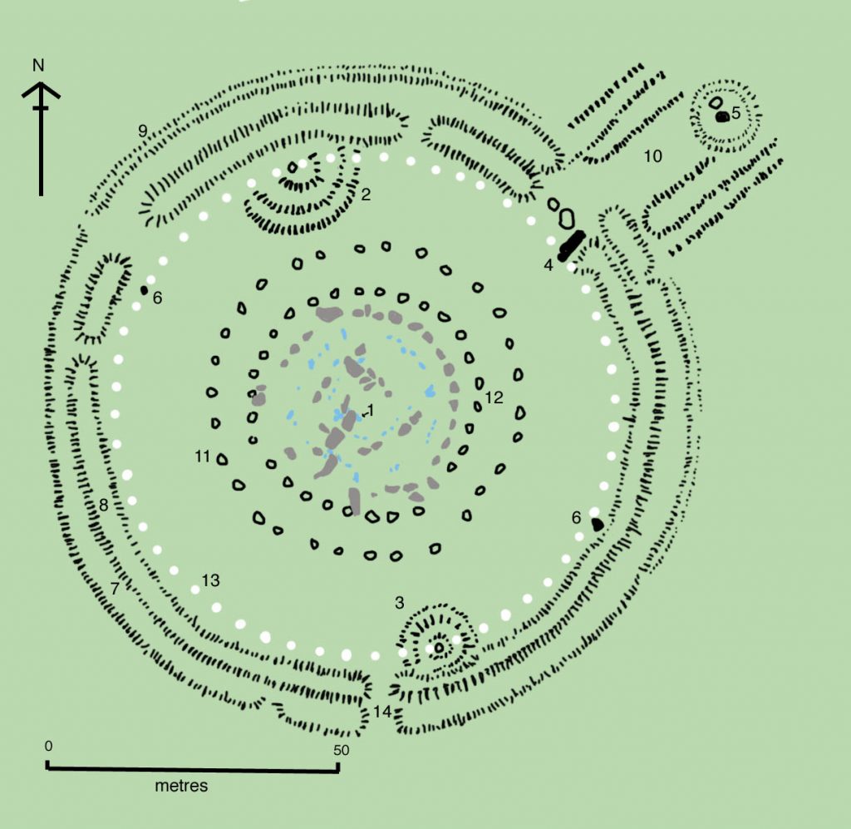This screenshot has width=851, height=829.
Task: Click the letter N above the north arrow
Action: [x=38, y=65]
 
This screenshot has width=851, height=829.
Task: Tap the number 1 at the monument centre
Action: [x=371, y=410]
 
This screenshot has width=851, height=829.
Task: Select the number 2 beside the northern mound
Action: [x=365, y=195]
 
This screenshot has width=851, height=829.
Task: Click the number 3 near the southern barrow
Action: [x=399, y=602]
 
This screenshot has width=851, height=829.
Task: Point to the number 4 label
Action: [x=548, y=265]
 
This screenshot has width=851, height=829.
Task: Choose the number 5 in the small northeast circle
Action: [x=735, y=113]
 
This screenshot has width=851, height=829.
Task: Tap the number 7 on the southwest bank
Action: [x=116, y=588]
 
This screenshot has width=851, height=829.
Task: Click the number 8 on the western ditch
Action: [x=103, y=505]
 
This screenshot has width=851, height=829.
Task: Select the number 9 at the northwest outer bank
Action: [x=143, y=130]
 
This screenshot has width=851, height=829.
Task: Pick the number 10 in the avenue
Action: [x=652, y=155]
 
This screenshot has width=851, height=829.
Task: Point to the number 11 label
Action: [x=202, y=456]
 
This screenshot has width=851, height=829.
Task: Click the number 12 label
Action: [x=494, y=398]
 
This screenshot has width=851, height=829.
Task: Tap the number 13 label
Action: [x=210, y=580]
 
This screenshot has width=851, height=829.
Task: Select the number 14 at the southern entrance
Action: [x=381, y=712]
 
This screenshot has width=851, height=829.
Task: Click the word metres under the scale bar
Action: [x=181, y=786]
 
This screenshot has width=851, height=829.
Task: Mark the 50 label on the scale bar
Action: [x=341, y=749]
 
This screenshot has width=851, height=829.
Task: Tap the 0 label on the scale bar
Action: [x=48, y=745]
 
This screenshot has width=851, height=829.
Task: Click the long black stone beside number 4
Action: [x=570, y=244]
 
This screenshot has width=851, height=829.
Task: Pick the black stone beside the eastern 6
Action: [x=597, y=524]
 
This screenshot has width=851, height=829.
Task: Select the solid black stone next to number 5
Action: [x=722, y=117]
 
